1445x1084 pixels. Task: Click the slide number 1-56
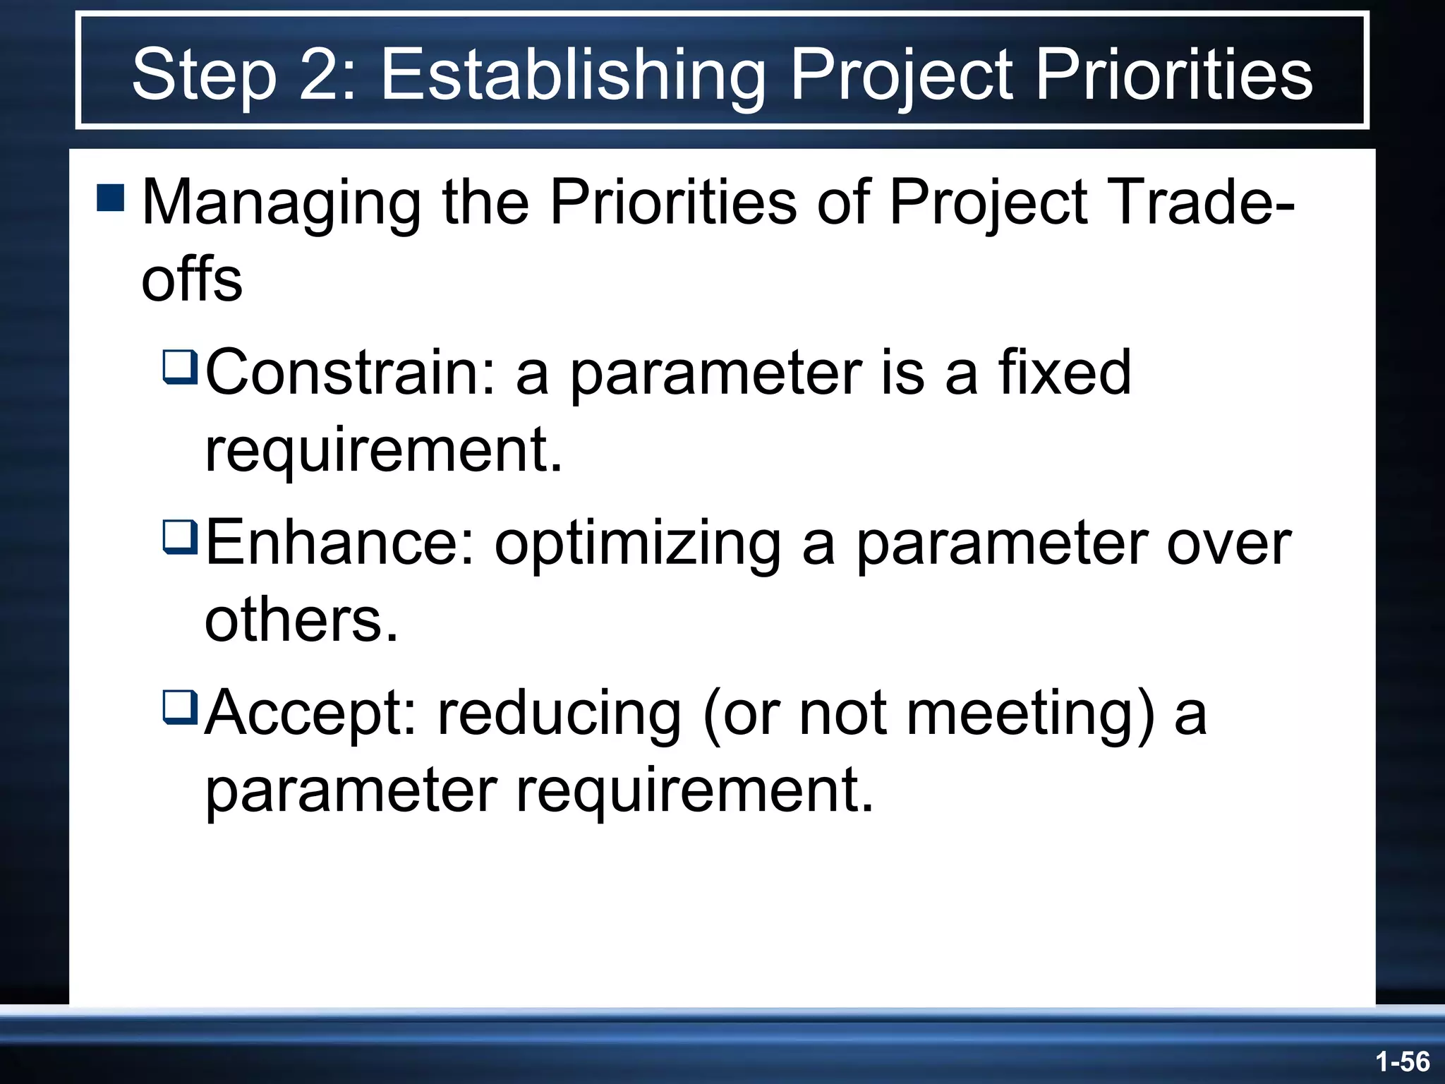pyautogui.click(x=1402, y=1061)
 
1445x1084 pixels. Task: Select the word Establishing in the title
pyautogui.click(x=573, y=75)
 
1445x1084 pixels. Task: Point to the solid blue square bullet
pyautogui.click(x=111, y=198)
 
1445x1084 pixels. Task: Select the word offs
pyautogui.click(x=192, y=279)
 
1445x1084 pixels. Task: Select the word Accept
pyautogui.click(x=310, y=714)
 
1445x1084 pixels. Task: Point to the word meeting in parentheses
pyautogui.click(x=1030, y=714)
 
